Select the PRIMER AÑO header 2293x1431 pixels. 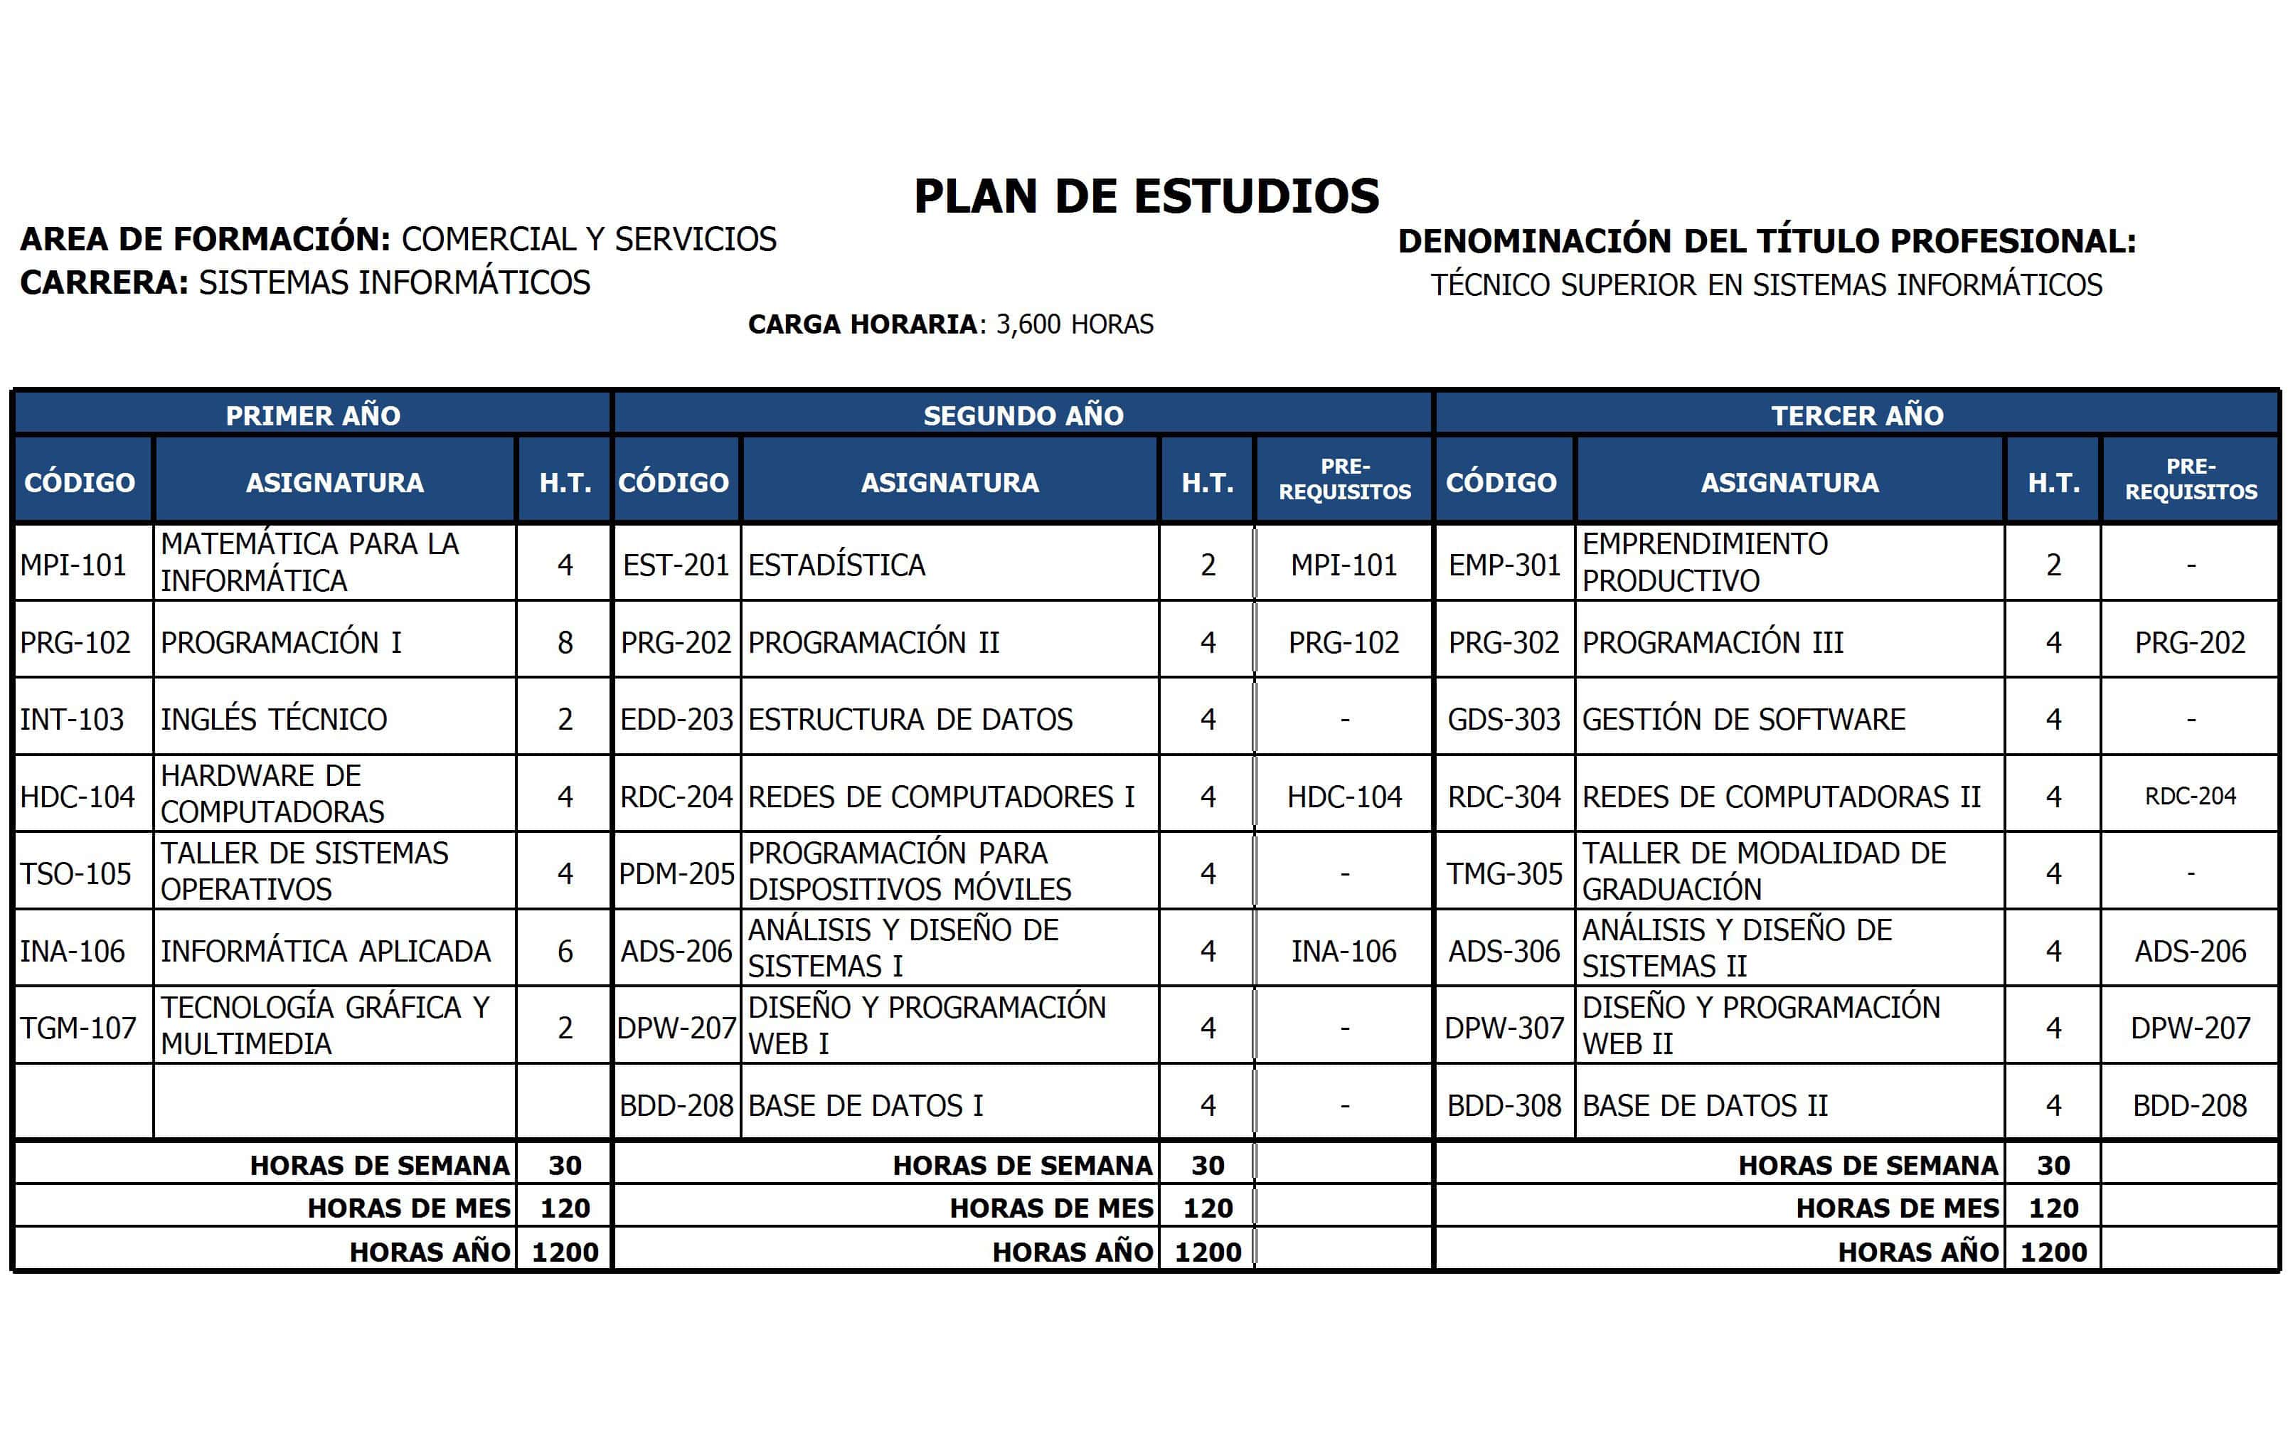(312, 415)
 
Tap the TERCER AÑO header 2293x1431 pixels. (1857, 415)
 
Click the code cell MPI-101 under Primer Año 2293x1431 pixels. (74, 565)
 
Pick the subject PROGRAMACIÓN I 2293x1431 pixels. (281, 643)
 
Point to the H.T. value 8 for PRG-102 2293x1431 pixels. (565, 643)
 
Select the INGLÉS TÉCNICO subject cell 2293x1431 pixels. (274, 719)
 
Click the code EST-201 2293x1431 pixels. (676, 565)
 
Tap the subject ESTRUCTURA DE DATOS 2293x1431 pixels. (910, 719)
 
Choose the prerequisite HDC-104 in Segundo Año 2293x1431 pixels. (1344, 797)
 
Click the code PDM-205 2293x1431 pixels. (676, 873)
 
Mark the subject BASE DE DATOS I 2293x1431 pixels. (865, 1105)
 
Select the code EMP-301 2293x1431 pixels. (1504, 565)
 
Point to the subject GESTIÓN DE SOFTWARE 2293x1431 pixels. (1743, 719)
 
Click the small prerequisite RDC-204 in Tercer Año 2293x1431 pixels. (2190, 797)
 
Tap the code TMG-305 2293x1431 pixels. (1504, 873)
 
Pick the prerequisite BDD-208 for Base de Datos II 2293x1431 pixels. (2190, 1105)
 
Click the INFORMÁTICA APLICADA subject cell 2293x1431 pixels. (326, 951)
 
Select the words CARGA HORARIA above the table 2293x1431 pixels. (862, 324)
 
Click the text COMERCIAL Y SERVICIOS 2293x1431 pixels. (589, 240)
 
